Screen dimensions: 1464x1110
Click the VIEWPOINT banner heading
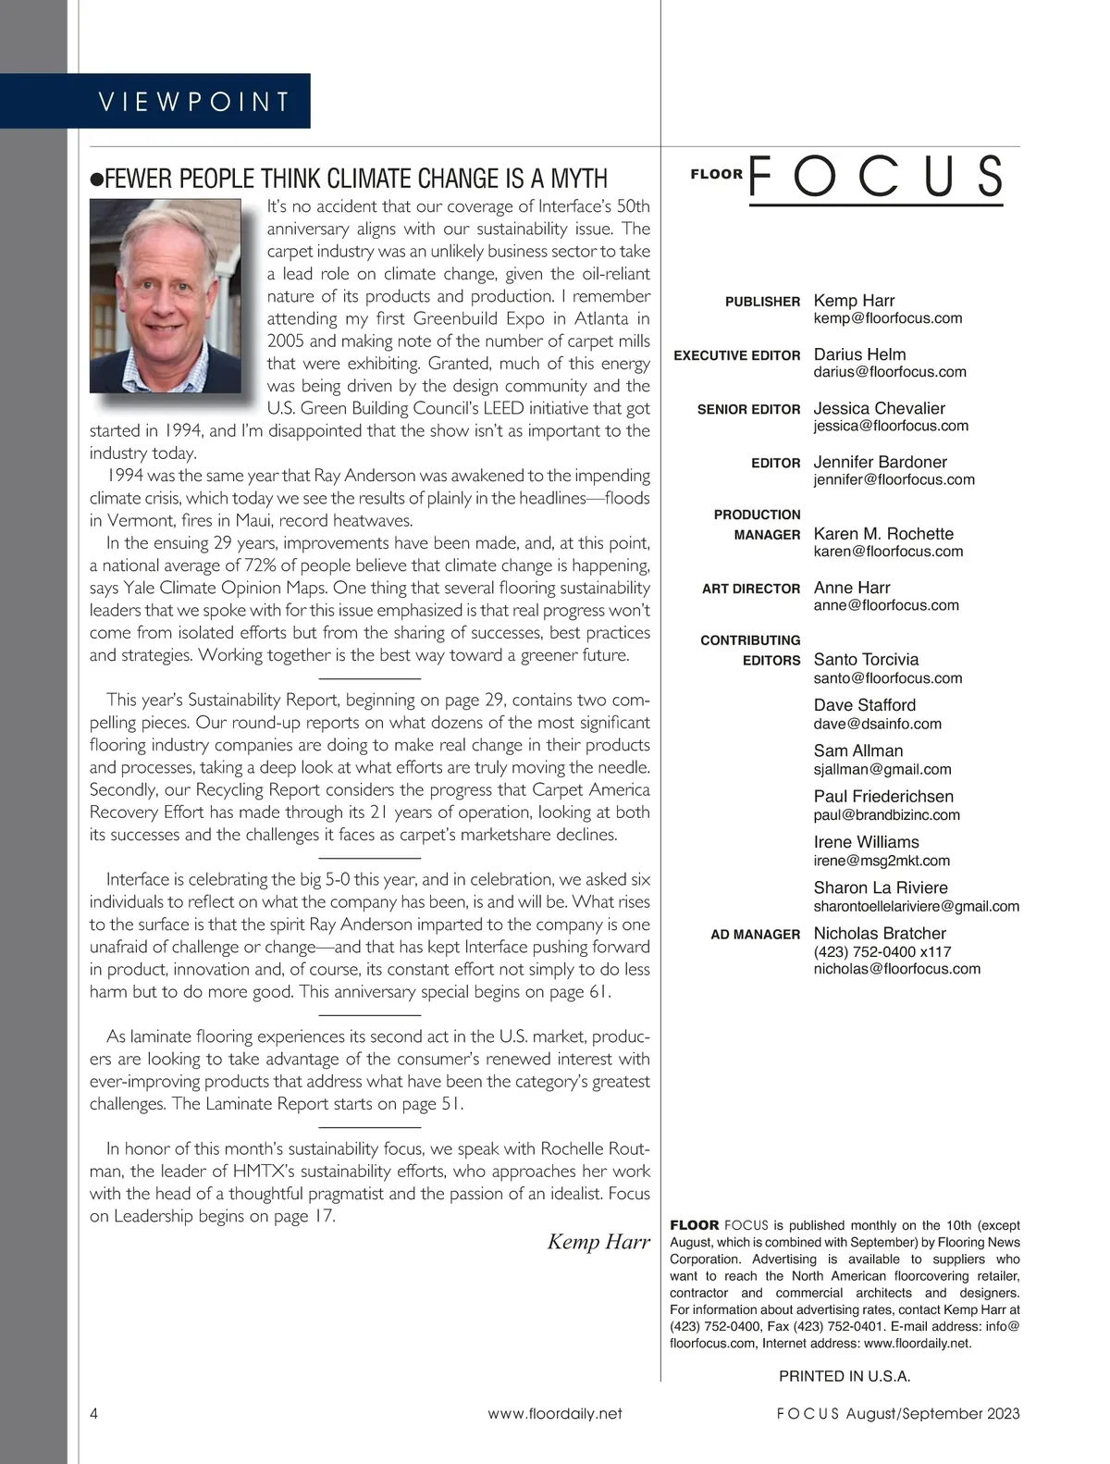coord(194,101)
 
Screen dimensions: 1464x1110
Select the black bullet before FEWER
coord(95,180)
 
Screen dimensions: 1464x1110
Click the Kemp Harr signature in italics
coord(598,1242)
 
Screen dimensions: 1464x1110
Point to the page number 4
coord(94,1413)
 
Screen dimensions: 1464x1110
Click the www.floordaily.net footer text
coord(555,1413)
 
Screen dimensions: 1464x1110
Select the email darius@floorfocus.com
coord(890,372)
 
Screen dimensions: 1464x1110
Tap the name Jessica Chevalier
coord(880,408)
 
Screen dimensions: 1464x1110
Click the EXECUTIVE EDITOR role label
coord(737,355)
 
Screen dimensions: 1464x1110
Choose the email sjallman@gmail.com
coord(882,769)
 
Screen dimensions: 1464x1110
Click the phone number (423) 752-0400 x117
coord(882,951)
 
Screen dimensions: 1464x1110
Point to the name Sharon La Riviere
coord(881,887)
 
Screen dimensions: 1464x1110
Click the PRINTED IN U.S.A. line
coord(845,1376)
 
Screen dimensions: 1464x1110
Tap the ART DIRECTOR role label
coord(751,589)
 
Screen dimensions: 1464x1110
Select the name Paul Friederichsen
coord(883,796)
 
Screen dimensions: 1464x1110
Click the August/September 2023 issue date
coord(932,1413)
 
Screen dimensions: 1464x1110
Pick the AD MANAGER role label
coord(755,935)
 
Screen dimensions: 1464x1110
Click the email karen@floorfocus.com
coord(888,552)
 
